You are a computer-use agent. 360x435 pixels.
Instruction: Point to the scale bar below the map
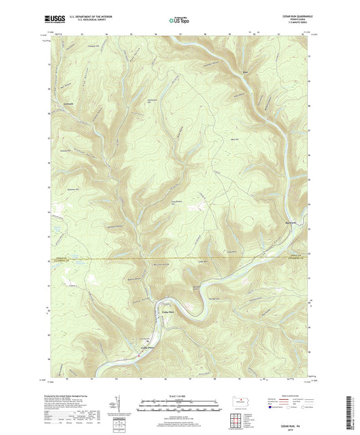[180, 405]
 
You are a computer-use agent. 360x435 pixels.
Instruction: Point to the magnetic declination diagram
[126, 405]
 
